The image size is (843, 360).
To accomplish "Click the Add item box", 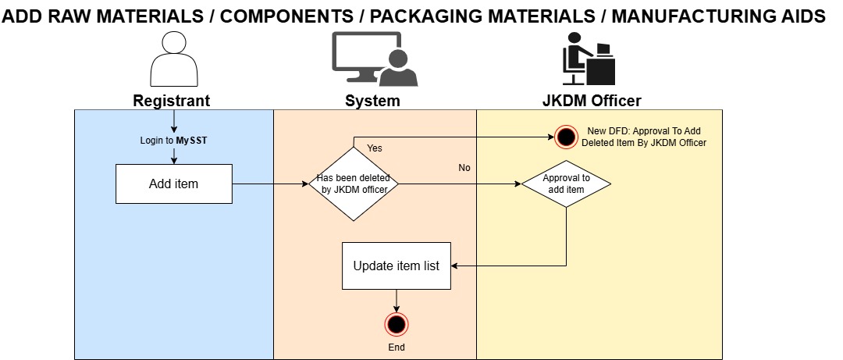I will click(x=174, y=184).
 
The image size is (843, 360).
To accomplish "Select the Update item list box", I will click(x=396, y=266).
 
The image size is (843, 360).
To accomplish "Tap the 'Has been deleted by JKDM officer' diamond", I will click(x=354, y=183).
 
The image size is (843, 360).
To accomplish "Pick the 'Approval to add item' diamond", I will click(x=565, y=184).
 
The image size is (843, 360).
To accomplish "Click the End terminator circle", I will click(x=397, y=324).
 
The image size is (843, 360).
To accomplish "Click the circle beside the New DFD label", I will click(x=566, y=137).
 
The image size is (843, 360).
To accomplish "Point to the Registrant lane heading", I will click(x=171, y=101).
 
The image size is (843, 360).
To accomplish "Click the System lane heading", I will click(x=372, y=101).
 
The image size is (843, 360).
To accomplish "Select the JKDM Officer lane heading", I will click(x=592, y=101).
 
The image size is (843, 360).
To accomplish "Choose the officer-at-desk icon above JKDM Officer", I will click(x=589, y=59).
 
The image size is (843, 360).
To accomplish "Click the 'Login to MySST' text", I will click(x=173, y=141).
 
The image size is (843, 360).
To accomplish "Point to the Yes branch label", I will click(x=375, y=148).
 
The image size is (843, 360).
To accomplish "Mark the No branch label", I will click(x=464, y=168).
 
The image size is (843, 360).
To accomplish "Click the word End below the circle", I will click(x=397, y=347).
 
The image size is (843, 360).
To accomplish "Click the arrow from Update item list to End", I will click(x=397, y=300).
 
